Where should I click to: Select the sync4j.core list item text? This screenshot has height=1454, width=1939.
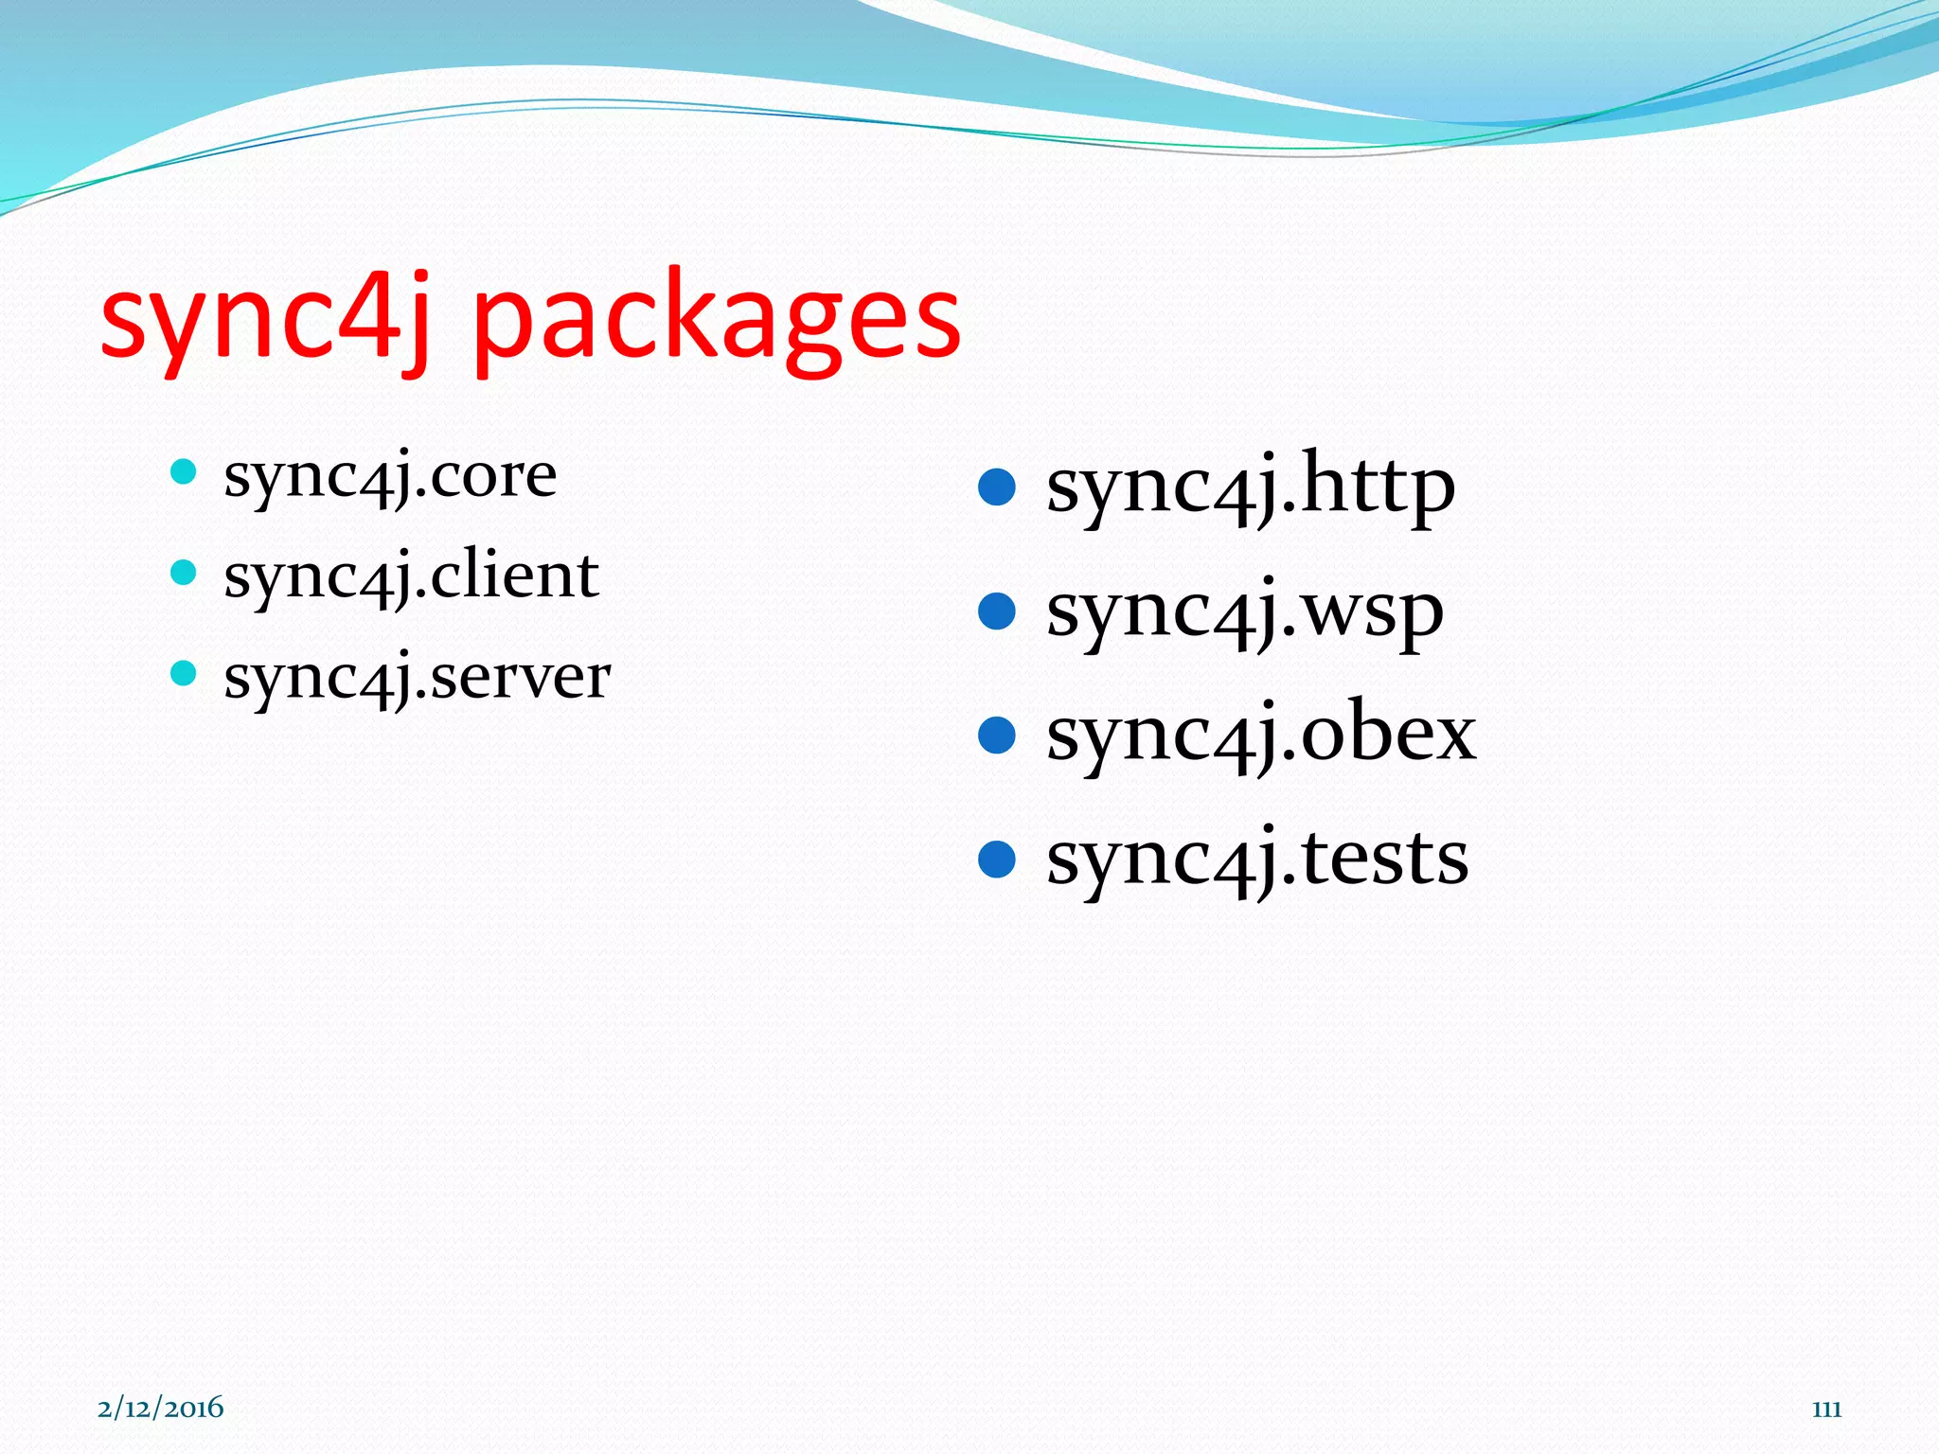tap(390, 475)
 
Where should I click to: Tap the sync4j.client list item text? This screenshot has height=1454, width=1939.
tap(411, 576)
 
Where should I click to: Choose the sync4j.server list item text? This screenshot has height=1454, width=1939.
tap(417, 678)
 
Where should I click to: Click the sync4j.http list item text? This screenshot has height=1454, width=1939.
tap(1250, 488)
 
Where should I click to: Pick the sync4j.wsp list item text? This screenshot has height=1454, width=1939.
tap(1244, 612)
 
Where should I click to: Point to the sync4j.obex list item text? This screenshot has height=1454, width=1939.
tap(1260, 736)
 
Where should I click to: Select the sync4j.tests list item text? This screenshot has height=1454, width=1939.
tap(1256, 860)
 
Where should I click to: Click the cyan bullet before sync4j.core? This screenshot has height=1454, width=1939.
tap(183, 471)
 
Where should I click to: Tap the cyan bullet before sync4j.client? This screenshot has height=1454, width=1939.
tap(183, 572)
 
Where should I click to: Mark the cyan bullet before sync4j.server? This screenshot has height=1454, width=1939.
tap(183, 674)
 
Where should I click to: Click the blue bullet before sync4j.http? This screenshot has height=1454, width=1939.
tap(996, 488)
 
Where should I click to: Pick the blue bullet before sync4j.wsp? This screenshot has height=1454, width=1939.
tap(996, 612)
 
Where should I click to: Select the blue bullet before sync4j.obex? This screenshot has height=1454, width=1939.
tap(996, 736)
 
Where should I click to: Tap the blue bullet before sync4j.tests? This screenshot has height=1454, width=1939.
tap(996, 860)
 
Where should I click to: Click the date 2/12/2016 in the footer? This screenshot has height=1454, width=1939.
tap(160, 1408)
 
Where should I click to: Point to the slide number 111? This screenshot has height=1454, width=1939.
tap(1826, 1410)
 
